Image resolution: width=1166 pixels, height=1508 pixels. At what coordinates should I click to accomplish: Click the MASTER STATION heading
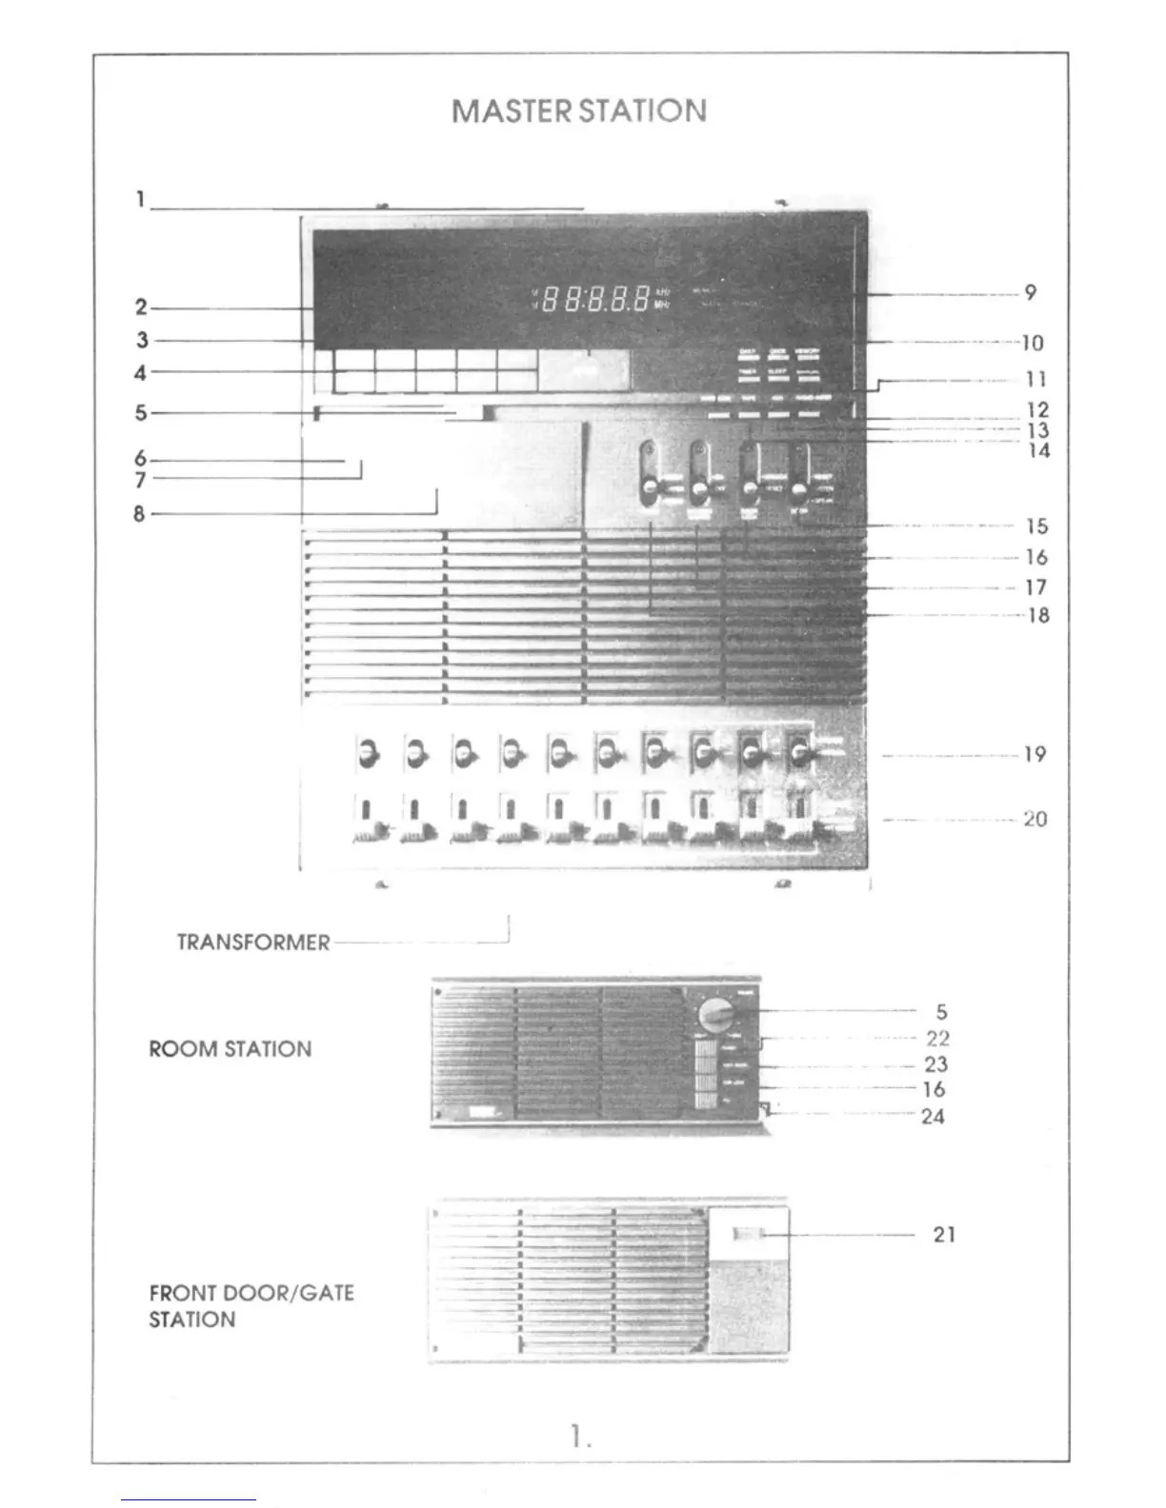(579, 111)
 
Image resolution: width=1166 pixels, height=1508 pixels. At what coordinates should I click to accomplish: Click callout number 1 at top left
(140, 200)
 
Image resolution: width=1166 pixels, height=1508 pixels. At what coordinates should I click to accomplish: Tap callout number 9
(1030, 293)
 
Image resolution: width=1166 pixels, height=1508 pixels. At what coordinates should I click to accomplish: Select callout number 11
(1035, 379)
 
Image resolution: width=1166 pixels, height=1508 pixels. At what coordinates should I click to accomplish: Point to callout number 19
(1035, 755)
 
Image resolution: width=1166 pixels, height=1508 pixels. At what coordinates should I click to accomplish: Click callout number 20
(1035, 819)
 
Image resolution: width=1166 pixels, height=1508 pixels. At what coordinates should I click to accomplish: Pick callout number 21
(943, 1235)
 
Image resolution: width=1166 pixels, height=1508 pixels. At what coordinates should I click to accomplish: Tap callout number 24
(933, 1116)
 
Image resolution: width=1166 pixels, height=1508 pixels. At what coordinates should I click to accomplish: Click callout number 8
(139, 514)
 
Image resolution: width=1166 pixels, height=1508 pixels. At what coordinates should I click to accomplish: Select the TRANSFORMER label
(253, 942)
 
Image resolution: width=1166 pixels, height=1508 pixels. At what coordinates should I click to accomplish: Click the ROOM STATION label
(230, 1049)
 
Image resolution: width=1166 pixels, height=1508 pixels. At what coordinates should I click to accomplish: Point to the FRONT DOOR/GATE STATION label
(251, 1306)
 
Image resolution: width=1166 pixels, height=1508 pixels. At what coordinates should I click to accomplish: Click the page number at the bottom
(581, 1437)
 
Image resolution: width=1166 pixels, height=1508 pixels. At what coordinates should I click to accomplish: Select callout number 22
(937, 1039)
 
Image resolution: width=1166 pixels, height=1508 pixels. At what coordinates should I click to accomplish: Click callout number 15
(1036, 526)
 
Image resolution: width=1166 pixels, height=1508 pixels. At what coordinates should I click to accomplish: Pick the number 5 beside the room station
(941, 1012)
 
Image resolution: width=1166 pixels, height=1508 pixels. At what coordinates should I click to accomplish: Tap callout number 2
(141, 308)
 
